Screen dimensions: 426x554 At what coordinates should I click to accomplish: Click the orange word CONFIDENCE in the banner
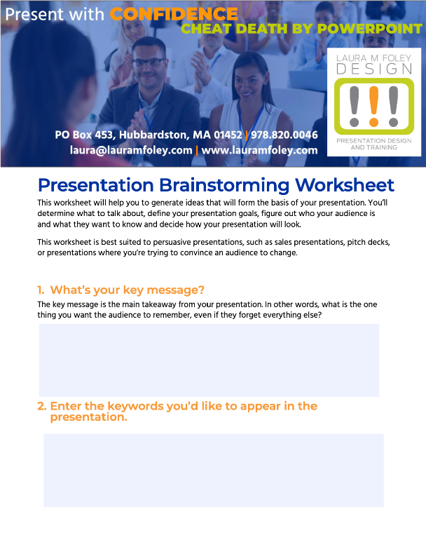[174, 14]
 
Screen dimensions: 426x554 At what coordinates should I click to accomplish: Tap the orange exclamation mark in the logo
[373, 107]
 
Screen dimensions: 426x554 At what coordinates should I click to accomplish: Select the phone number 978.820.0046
[284, 135]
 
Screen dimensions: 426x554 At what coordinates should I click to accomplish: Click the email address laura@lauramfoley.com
[131, 150]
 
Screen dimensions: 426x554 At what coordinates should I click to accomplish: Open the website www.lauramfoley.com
[259, 150]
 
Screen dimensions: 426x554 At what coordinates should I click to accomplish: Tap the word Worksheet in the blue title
[345, 185]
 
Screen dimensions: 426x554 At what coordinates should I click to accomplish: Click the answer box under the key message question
[209, 360]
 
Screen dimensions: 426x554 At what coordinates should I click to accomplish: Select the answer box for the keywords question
[214, 471]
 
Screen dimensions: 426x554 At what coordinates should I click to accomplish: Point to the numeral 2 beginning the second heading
[41, 406]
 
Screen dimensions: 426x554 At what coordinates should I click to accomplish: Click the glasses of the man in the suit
[149, 63]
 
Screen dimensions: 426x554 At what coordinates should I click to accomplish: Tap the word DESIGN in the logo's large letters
[374, 69]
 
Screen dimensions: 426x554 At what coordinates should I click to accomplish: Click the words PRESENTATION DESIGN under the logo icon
[373, 141]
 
